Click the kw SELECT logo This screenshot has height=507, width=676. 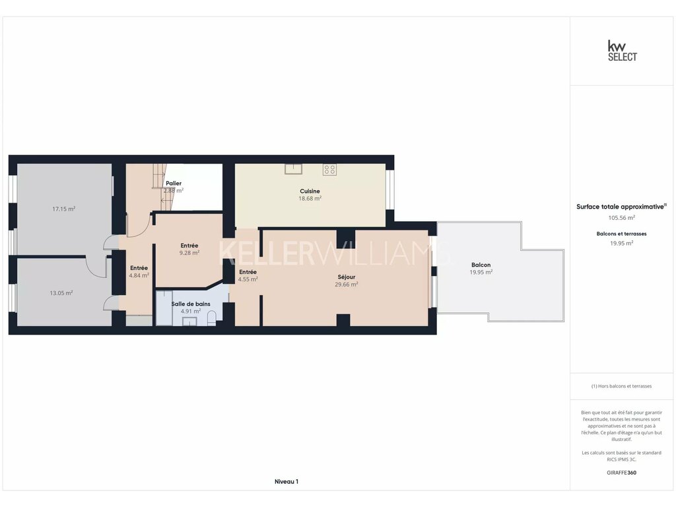pyautogui.click(x=622, y=51)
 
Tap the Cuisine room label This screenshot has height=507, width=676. pyautogui.click(x=310, y=191)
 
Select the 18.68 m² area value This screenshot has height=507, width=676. pyautogui.click(x=310, y=199)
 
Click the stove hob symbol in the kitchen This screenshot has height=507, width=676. pyautogui.click(x=330, y=170)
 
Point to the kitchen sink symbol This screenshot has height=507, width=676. pyautogui.click(x=293, y=169)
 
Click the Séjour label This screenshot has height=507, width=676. pyautogui.click(x=347, y=277)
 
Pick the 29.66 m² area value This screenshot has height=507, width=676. pyautogui.click(x=347, y=285)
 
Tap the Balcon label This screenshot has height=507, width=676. pyautogui.click(x=481, y=265)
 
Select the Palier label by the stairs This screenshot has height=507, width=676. pyautogui.click(x=174, y=184)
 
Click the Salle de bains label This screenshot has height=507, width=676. pyautogui.click(x=191, y=304)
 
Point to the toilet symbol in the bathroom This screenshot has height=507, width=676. pyautogui.click(x=212, y=319)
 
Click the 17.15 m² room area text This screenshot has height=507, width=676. pyautogui.click(x=64, y=209)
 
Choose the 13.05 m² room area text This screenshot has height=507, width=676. pyautogui.click(x=61, y=293)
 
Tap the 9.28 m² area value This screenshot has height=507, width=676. pyautogui.click(x=189, y=253)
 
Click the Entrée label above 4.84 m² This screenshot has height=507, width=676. pyautogui.click(x=139, y=268)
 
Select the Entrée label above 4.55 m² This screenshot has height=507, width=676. pyautogui.click(x=248, y=272)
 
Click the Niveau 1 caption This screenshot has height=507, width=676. pyautogui.click(x=287, y=481)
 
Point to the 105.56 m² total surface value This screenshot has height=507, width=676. pyautogui.click(x=622, y=218)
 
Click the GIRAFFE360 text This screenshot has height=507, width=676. pyautogui.click(x=622, y=473)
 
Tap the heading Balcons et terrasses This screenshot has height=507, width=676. pyautogui.click(x=622, y=234)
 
